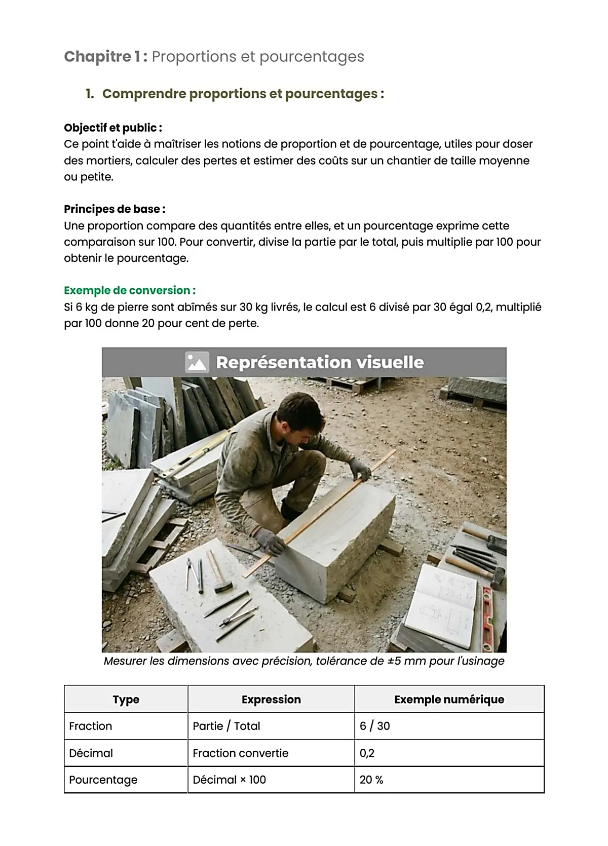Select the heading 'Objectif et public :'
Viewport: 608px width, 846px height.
point(113,128)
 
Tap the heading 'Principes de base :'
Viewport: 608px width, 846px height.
point(115,209)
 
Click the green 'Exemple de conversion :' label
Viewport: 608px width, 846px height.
point(130,290)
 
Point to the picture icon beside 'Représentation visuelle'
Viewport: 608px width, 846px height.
point(196,362)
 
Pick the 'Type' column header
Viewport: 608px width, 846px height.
point(126,700)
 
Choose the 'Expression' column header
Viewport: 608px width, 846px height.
point(271,700)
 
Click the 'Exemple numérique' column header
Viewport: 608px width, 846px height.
point(449,700)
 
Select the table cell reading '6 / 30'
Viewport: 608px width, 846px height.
point(375,726)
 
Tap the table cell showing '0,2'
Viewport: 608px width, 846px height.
point(367,753)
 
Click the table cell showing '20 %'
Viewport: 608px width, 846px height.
point(371,780)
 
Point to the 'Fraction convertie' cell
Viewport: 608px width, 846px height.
point(241,753)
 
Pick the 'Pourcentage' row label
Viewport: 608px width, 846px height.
point(103,780)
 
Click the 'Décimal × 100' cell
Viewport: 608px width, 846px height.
point(230,780)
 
